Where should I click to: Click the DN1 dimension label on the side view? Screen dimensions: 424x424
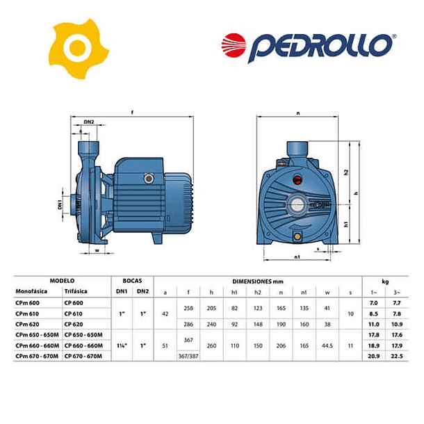[x=60, y=205]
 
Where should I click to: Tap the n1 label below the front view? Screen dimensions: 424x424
[x=297, y=256]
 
